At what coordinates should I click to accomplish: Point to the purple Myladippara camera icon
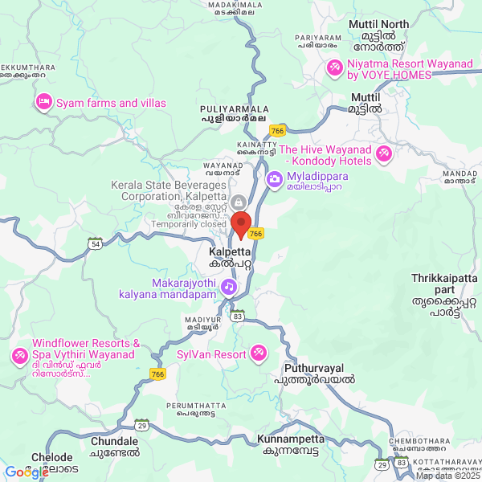point(273,178)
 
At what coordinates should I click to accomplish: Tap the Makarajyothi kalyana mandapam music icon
point(230,285)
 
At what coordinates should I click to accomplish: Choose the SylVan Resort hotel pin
point(259,353)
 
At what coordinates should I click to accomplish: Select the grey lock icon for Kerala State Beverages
point(238,201)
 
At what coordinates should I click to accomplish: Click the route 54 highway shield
point(96,243)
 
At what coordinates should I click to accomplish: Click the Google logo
point(27,472)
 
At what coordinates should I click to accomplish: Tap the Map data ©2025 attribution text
point(447,476)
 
